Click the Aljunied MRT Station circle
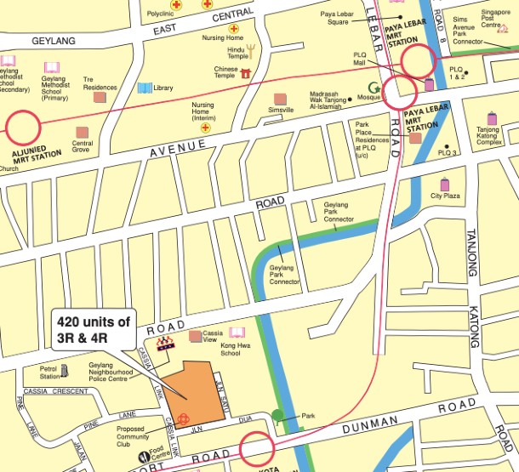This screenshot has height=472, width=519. point(23,129)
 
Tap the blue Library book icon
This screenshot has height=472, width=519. point(145,88)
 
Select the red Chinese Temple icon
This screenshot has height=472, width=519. point(246,74)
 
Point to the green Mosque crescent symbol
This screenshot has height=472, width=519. point(373,87)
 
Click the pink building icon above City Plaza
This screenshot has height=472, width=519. point(444,185)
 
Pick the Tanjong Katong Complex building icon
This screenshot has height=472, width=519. point(493,118)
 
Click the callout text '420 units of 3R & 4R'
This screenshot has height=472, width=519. point(94,330)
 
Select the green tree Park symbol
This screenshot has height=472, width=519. point(278,417)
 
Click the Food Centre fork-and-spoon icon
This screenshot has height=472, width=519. point(142,456)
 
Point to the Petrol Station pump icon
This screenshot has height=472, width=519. point(67,372)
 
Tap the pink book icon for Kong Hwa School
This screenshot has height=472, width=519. point(236,333)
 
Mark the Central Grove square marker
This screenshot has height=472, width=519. point(82,133)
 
